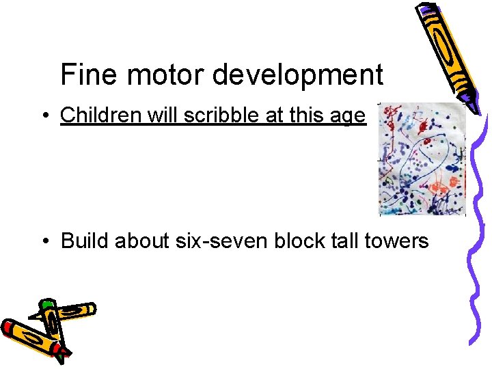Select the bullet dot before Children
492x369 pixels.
43,117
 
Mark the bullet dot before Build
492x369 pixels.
43,241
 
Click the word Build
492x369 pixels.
85,241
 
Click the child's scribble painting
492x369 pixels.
422,159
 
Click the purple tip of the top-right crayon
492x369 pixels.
428,10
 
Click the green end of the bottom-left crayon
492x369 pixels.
46,304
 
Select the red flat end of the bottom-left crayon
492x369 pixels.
8,329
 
